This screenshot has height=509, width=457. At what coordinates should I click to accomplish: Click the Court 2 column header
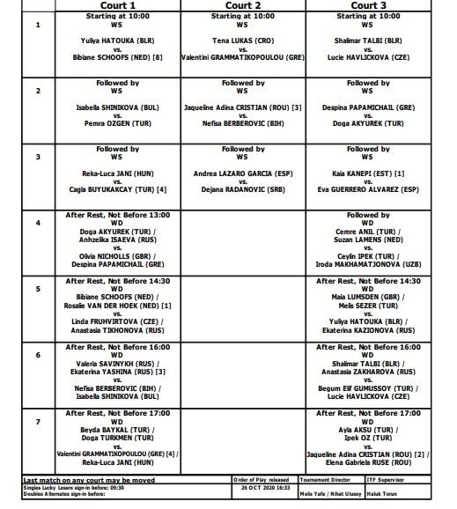pos(246,5)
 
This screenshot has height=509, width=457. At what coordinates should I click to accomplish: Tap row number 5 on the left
pos(37,288)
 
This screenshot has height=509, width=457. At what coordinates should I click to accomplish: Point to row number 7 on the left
pos(37,421)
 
